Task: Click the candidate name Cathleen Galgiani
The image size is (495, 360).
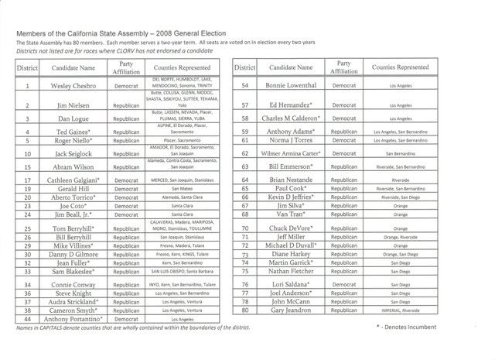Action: point(70,180)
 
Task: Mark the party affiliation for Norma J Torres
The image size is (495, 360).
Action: point(345,140)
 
